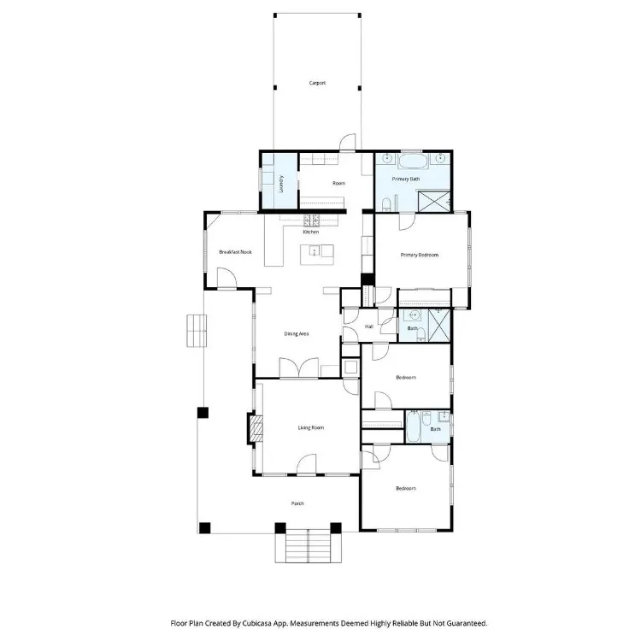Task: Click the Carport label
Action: point(317,83)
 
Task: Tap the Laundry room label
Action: point(281,184)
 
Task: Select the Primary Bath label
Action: point(406,179)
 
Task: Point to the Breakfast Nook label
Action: point(235,252)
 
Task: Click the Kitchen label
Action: point(311,232)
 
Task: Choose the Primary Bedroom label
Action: point(420,255)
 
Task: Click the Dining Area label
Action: point(297,334)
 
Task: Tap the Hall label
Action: point(369,326)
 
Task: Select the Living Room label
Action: point(311,428)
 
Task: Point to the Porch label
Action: point(297,503)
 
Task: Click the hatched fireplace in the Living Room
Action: point(256,428)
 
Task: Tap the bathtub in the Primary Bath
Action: point(413,162)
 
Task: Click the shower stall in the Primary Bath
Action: point(434,202)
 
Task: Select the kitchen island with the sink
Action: point(317,255)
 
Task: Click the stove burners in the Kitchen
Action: point(311,221)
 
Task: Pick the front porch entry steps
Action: point(308,546)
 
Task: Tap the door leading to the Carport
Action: point(348,142)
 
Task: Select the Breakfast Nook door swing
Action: point(226,278)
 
